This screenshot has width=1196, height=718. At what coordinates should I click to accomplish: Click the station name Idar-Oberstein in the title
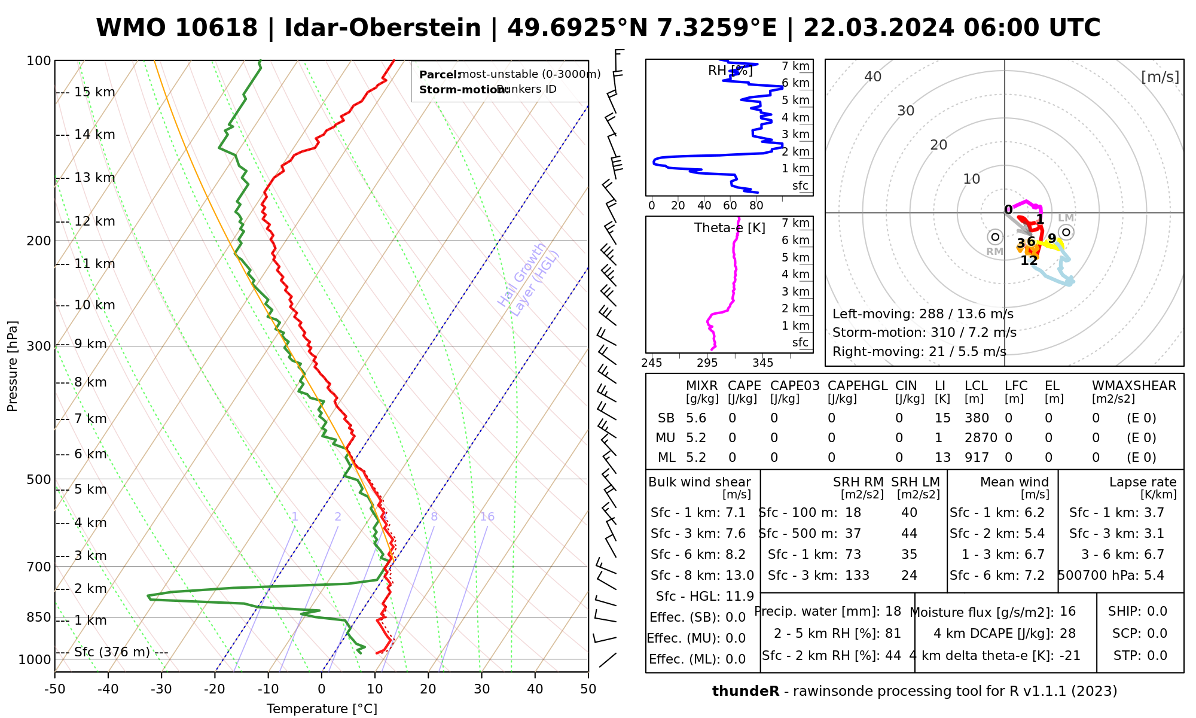(382, 28)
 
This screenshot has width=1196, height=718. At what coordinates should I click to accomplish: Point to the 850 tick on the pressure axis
(39, 617)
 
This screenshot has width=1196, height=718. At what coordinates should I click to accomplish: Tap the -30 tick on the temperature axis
(161, 689)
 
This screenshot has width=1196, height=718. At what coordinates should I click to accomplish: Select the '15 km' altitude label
(94, 92)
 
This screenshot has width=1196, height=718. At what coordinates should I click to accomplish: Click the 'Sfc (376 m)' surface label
(112, 652)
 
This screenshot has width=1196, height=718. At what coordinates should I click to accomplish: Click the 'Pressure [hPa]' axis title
(13, 366)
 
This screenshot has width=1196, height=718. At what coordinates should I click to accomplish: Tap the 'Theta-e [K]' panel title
(730, 228)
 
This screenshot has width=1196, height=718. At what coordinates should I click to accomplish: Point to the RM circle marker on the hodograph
(995, 237)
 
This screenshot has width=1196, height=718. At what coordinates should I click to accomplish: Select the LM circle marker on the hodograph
(1066, 232)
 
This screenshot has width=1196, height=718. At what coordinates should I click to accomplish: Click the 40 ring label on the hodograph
(873, 77)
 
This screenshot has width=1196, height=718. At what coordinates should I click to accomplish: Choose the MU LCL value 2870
(981, 438)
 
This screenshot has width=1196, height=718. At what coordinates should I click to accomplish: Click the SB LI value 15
(942, 418)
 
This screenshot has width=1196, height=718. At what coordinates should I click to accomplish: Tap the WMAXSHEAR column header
(1134, 386)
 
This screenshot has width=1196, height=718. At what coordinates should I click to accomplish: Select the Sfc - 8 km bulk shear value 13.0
(739, 576)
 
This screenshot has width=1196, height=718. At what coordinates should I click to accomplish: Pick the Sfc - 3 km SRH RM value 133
(857, 576)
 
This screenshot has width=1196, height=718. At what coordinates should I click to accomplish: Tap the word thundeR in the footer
(746, 692)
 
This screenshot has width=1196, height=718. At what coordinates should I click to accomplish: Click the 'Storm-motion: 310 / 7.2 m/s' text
(924, 333)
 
